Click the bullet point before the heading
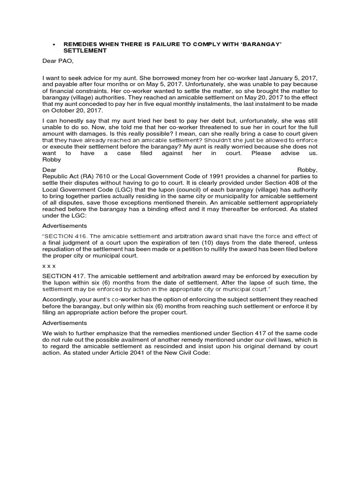(54, 44)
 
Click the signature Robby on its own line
(52, 160)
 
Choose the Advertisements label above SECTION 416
(65, 225)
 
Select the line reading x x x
(49, 266)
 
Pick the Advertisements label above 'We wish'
(65, 323)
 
